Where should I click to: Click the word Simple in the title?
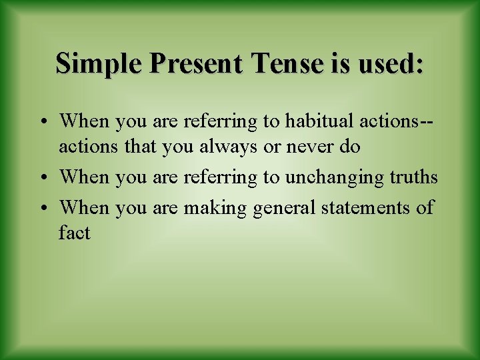tap(100, 64)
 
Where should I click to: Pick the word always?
tap(228, 147)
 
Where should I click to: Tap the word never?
tap(307, 147)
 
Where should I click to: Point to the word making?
tap(215, 207)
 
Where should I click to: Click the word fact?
tap(74, 233)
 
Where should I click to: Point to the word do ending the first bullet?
tap(349, 147)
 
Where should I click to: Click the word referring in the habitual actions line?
tap(214, 121)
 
